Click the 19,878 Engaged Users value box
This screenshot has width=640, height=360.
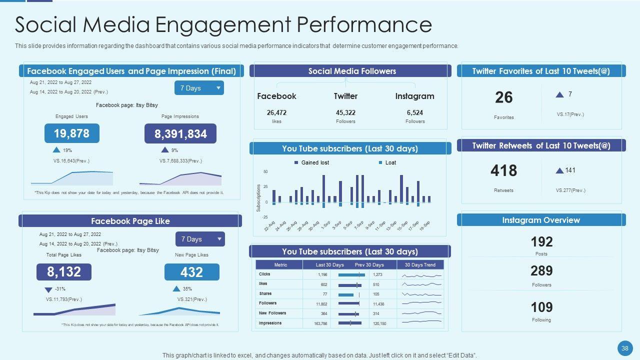[71, 133]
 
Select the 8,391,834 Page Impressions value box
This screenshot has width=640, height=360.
[180, 134]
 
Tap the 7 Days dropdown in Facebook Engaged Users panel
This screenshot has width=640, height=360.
[199, 88]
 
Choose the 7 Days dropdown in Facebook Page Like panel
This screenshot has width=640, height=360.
[200, 239]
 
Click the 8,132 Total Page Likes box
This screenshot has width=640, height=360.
[63, 272]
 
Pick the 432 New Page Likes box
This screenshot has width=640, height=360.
[191, 272]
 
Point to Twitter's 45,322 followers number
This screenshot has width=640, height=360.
[345, 112]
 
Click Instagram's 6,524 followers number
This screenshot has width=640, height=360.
[415, 112]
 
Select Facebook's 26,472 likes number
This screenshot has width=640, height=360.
[276, 112]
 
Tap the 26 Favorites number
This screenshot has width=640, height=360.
[503, 97]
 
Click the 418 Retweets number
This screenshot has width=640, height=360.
[503, 171]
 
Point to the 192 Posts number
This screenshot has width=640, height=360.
[541, 242]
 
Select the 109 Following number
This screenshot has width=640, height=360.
[541, 307]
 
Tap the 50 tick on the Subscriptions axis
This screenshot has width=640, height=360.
[265, 172]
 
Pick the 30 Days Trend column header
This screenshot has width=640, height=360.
[420, 265]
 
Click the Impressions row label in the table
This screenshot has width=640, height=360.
[270, 323]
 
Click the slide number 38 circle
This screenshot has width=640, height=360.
[624, 348]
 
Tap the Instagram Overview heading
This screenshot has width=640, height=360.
[541, 220]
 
